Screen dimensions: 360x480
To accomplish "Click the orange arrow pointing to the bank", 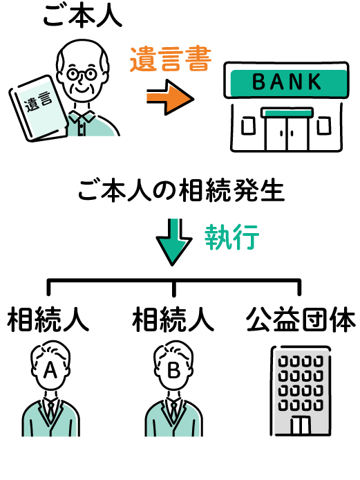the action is pos(170,98).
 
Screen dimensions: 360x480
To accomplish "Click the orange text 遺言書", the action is pos(171,59).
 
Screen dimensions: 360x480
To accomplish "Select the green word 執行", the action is pos(232,237).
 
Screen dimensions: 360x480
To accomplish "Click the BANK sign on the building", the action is pos(287,82).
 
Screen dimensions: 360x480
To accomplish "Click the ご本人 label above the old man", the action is pos(83,15).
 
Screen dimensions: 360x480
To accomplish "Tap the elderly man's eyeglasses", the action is pos(82,74).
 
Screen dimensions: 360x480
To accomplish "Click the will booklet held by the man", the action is pos(39,109).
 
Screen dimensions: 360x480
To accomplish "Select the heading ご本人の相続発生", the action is pos(181,191).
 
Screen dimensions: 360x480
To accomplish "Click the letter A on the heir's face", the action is pos(50,370).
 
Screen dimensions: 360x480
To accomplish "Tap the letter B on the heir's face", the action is pos(173,370).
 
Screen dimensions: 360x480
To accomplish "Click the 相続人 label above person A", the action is pos(48,320).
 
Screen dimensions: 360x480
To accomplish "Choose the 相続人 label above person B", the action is pos(173,320).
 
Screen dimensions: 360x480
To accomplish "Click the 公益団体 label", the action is pos(301,320).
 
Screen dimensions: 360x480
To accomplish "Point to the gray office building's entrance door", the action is pos(301,425).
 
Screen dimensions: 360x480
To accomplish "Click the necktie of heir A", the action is pos(50,411).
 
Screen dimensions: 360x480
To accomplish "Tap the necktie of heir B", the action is pos(173,411).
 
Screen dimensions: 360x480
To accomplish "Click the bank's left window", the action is pos(248,126).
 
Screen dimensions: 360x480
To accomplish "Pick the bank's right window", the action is pos(323,126).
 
